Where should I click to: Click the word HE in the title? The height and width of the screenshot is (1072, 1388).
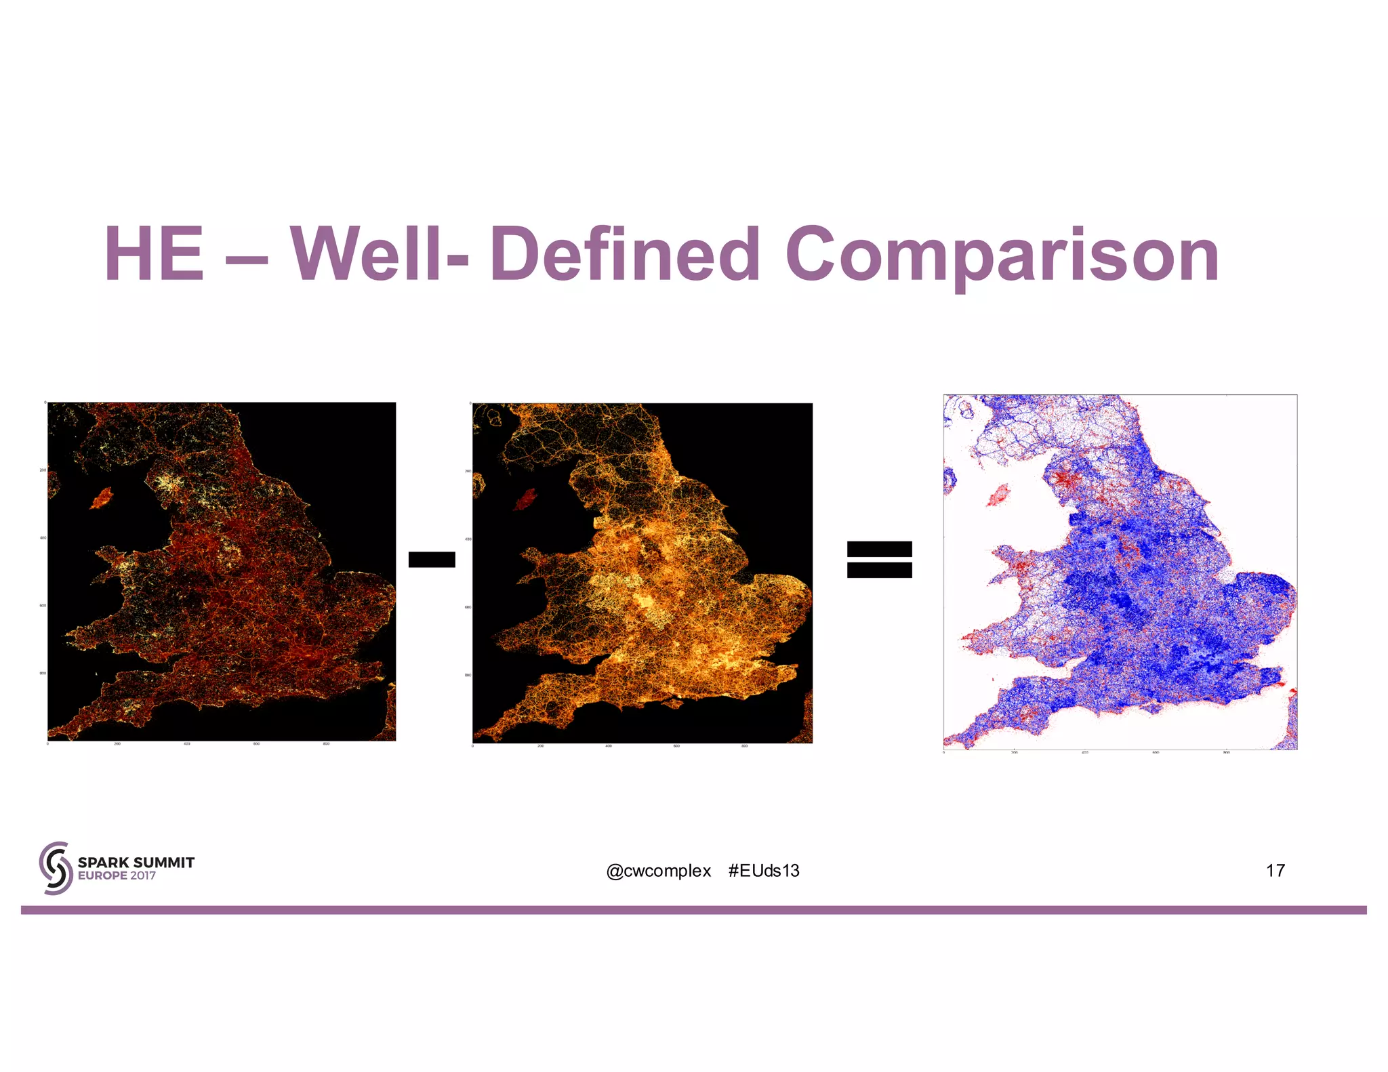point(155,255)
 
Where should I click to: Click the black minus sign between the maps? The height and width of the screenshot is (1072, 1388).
point(432,559)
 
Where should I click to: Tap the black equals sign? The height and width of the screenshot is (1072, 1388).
point(879,559)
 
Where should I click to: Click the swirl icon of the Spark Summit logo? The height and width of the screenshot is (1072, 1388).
point(56,868)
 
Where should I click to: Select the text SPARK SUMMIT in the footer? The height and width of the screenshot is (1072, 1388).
point(136,862)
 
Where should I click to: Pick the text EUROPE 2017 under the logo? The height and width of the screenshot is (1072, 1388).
point(117,875)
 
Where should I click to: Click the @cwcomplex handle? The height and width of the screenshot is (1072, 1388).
point(658,871)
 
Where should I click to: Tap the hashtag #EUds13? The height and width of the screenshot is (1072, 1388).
point(764,871)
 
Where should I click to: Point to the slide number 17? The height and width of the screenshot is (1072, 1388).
point(1275,871)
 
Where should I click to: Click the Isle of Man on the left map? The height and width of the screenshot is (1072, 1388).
point(102,498)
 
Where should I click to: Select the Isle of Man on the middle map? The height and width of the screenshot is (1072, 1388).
point(525,501)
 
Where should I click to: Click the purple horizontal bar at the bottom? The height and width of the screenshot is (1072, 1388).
point(694,910)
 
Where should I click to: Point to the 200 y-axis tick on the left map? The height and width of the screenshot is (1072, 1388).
point(43,470)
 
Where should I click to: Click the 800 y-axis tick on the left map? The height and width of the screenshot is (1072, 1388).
point(43,674)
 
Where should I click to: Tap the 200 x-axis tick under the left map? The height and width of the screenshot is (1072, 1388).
point(117,744)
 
